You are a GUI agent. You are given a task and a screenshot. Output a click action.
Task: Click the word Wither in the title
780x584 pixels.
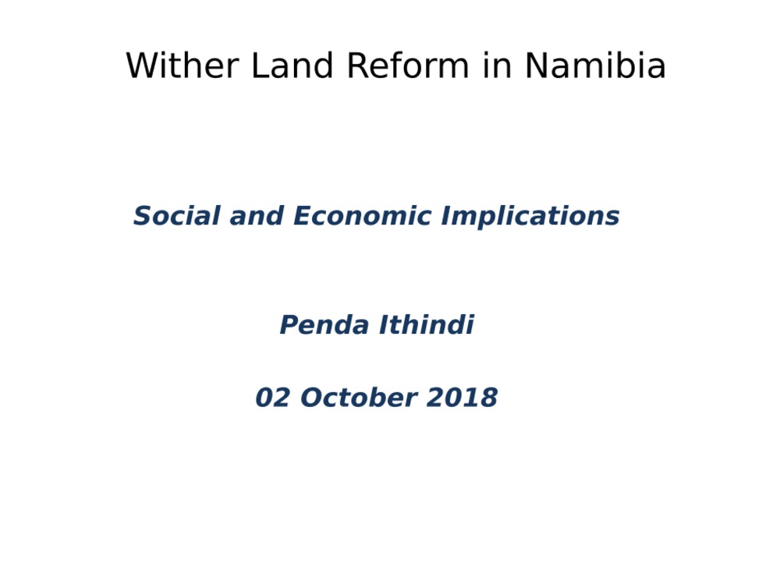(183, 65)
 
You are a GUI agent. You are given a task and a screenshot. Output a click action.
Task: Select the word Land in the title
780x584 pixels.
(292, 65)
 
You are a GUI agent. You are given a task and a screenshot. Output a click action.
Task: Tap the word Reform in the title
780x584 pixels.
(408, 65)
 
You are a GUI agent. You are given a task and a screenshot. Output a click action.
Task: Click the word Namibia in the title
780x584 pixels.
(595, 65)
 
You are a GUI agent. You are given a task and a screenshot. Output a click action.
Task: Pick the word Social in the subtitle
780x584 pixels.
(176, 215)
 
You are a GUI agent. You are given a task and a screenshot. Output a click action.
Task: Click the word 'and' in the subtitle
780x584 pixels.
(257, 215)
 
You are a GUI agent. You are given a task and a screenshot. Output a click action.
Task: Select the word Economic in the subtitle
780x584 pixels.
(362, 215)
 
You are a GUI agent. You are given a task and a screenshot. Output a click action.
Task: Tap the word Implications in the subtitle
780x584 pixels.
(530, 217)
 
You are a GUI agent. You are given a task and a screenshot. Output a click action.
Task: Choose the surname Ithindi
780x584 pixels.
(427, 324)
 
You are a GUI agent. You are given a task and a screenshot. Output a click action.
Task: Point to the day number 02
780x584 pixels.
(272, 398)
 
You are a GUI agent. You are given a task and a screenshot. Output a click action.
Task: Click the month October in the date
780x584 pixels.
(359, 398)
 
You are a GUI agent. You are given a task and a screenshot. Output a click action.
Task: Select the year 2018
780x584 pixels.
(462, 398)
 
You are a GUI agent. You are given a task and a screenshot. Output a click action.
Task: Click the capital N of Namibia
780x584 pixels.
(537, 65)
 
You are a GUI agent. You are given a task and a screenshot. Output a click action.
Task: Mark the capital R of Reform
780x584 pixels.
(358, 65)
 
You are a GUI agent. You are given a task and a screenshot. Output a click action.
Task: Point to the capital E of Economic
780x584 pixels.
(304, 215)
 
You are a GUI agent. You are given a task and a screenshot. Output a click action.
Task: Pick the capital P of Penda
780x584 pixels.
(290, 324)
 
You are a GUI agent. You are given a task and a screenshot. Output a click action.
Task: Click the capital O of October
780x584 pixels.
(312, 398)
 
